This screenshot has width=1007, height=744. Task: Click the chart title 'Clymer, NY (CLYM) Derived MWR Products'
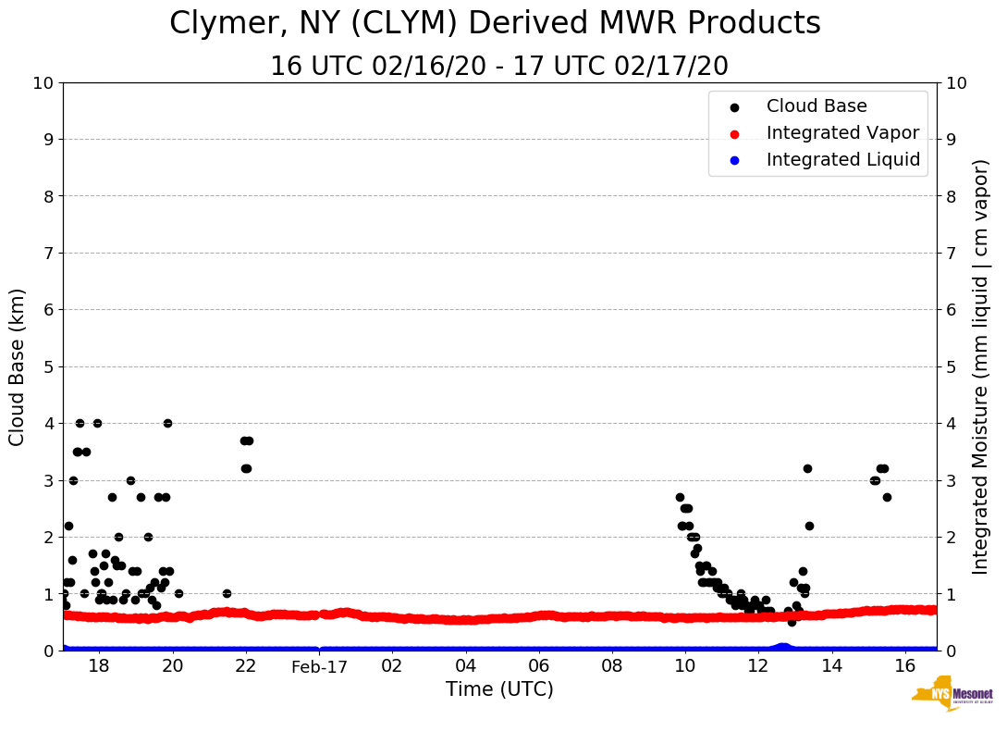(x=495, y=24)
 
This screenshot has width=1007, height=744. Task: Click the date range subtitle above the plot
(x=499, y=67)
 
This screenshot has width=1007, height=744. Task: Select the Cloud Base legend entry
(x=817, y=106)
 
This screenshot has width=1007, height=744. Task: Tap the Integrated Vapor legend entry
(x=842, y=133)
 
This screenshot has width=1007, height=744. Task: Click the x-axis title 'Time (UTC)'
(x=499, y=689)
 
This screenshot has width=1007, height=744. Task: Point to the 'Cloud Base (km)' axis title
(x=18, y=366)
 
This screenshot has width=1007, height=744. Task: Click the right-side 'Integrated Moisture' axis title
(x=981, y=366)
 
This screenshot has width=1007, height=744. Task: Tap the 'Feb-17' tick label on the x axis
(x=319, y=666)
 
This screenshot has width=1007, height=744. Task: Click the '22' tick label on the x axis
(x=245, y=666)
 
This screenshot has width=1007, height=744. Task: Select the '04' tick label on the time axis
(x=465, y=666)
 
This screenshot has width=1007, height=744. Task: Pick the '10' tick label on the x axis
(x=685, y=666)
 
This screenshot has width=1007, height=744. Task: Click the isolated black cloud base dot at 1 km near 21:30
(x=227, y=593)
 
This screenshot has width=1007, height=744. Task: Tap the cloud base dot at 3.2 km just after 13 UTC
(x=807, y=468)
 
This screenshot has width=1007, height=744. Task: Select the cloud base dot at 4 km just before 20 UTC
(x=167, y=423)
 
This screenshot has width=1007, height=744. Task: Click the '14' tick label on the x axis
(x=831, y=666)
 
